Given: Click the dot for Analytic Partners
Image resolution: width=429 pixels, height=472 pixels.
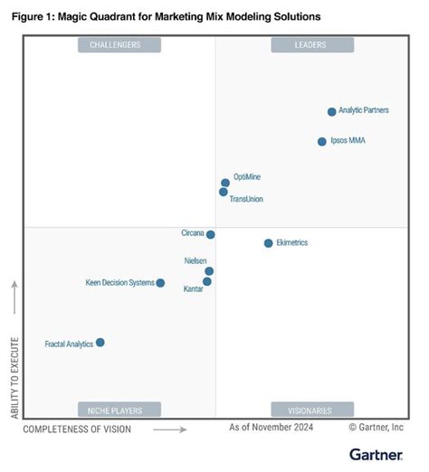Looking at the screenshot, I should pos(331,112).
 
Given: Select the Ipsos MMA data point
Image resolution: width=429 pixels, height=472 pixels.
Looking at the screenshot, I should pos(321,141).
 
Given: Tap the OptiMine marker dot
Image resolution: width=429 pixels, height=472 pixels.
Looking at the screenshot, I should pos(225,183).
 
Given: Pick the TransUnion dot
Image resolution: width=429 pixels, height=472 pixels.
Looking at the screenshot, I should pos(224,192).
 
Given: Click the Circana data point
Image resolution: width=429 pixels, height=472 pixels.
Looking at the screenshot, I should pos(211,234).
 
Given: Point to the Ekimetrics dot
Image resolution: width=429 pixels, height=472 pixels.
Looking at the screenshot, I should pos(268,243).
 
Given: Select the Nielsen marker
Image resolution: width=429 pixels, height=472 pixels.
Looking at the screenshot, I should pos(209,270).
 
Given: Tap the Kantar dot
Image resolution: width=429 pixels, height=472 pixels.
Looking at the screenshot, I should pos(207,281).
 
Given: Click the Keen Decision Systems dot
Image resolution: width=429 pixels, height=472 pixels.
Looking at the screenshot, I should pos(160,283).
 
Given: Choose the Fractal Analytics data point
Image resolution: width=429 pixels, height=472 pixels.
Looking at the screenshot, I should pos(100,343).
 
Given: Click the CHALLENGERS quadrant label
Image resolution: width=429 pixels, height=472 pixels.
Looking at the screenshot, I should pos(119,45).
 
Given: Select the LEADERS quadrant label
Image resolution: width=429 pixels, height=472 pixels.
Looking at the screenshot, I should pos(310,45).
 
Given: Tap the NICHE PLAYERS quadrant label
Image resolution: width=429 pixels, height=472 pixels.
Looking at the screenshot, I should pos(119,410).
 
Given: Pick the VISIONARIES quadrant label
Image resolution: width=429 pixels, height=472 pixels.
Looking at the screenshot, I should pos(310,410).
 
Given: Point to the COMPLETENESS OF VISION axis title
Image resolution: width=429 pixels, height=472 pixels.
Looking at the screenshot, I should pos(77,429).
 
